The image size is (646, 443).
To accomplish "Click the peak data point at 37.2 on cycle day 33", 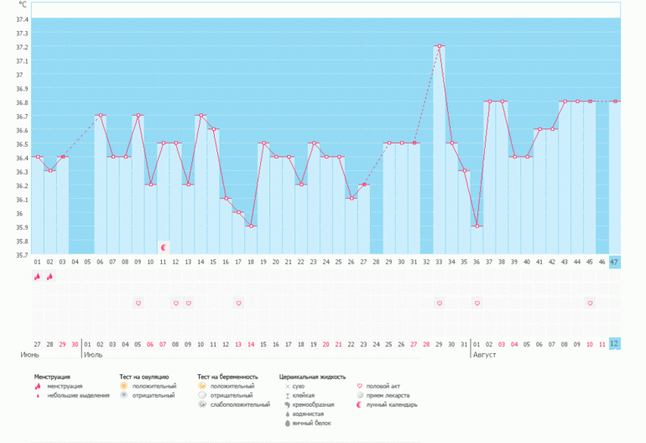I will click(x=439, y=46).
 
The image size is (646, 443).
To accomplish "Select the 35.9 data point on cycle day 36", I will click(x=477, y=226).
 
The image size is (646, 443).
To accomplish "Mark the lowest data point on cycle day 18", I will click(x=251, y=226).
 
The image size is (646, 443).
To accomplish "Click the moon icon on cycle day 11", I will click(x=164, y=248).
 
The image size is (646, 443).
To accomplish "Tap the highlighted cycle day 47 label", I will click(x=614, y=263).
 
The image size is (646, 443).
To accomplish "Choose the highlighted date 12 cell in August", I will click(x=614, y=344).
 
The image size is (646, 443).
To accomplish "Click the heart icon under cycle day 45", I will click(x=590, y=303).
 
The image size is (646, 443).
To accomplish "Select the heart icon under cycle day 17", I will click(x=238, y=303).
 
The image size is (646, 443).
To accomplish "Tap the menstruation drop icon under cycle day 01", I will click(x=38, y=277).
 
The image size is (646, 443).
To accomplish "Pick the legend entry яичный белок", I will click(x=311, y=423).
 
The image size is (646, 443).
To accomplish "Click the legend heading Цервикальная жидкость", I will click(x=312, y=377).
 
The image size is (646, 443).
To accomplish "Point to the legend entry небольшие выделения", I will click(x=78, y=395).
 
